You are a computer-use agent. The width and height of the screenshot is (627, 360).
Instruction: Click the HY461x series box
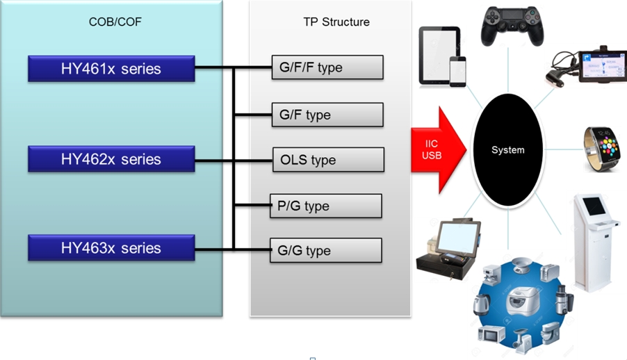[x=111, y=69]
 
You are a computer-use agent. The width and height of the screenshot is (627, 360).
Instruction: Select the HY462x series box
[x=111, y=159]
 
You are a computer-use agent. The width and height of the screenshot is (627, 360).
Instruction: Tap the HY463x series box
[x=111, y=248]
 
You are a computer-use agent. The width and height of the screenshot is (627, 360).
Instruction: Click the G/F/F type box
[x=327, y=68]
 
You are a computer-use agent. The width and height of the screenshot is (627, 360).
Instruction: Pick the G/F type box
[x=327, y=115]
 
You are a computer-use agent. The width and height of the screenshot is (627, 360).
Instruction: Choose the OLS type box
[x=327, y=160]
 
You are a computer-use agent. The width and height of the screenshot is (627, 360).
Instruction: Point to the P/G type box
[x=326, y=206]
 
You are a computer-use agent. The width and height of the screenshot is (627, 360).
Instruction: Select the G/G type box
[x=326, y=250]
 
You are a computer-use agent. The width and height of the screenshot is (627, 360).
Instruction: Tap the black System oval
[x=507, y=150]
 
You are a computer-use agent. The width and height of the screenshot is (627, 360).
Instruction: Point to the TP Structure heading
[x=336, y=22]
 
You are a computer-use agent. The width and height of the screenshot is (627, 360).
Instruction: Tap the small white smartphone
[x=457, y=72]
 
